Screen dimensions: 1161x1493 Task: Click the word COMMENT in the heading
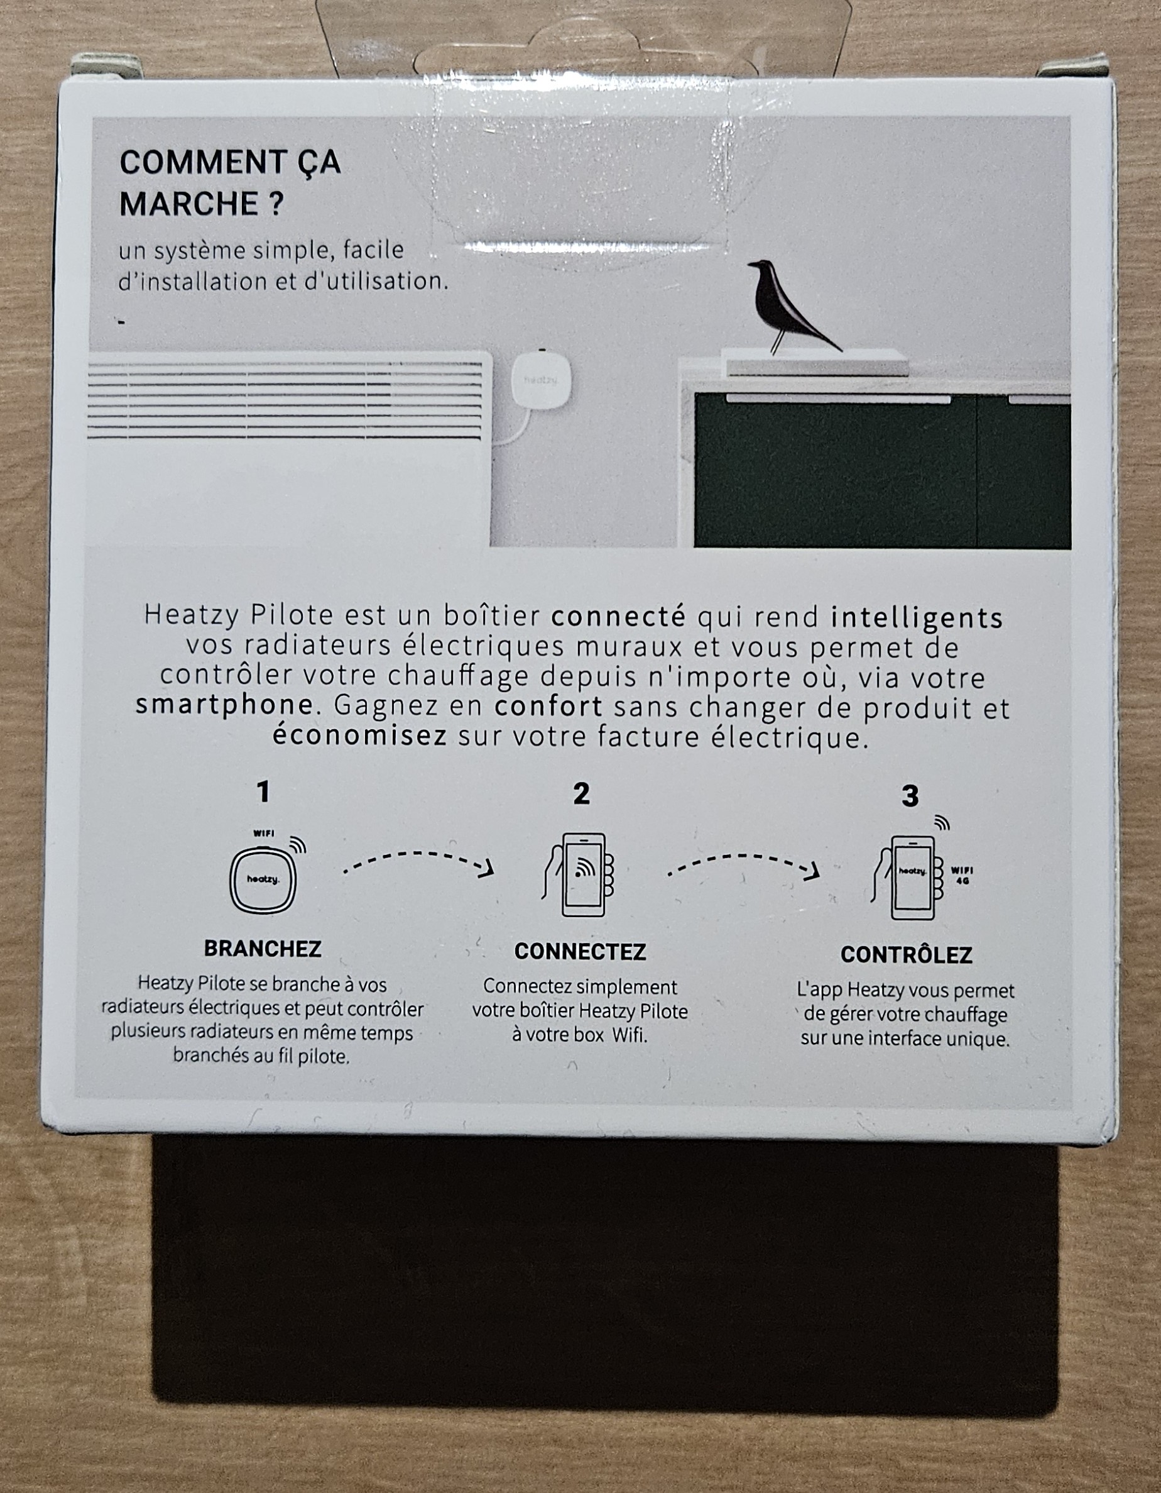(x=202, y=163)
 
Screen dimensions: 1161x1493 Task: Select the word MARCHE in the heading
(x=188, y=204)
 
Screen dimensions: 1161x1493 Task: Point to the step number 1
(x=263, y=791)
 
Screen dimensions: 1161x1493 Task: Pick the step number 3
(x=910, y=796)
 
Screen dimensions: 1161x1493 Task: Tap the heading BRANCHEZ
(x=263, y=949)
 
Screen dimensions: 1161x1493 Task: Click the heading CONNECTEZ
(x=580, y=952)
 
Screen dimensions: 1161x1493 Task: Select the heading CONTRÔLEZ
(x=906, y=954)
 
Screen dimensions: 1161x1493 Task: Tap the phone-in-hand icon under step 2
(x=579, y=874)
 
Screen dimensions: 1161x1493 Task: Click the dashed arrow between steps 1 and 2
(x=418, y=854)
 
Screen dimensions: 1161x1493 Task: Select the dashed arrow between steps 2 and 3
(x=743, y=857)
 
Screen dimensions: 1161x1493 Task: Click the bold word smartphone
(x=224, y=705)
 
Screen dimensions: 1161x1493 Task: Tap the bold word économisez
(x=359, y=735)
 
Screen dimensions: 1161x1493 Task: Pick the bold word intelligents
(x=917, y=617)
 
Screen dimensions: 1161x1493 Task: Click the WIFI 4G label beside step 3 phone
(x=962, y=876)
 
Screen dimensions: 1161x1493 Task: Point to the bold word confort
(x=548, y=706)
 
